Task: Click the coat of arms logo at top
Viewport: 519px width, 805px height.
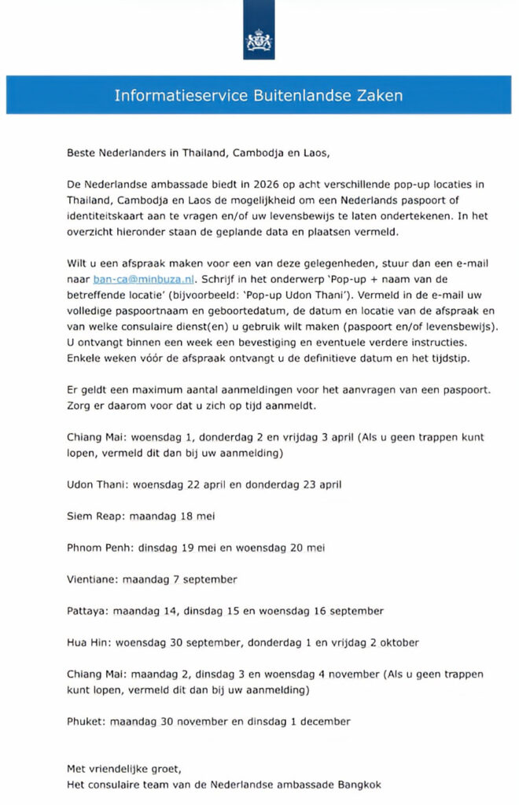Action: pyautogui.click(x=259, y=39)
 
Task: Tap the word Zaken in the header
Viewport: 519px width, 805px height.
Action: pyautogui.click(x=382, y=96)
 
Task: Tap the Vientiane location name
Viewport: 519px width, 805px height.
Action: pyautogui.click(x=91, y=579)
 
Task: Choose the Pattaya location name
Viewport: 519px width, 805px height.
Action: pyautogui.click(x=87, y=611)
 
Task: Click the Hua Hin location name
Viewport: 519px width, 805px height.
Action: pyautogui.click(x=89, y=642)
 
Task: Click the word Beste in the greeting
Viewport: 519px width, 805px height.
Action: pyautogui.click(x=82, y=153)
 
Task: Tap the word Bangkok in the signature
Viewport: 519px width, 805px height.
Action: pyautogui.click(x=359, y=784)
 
